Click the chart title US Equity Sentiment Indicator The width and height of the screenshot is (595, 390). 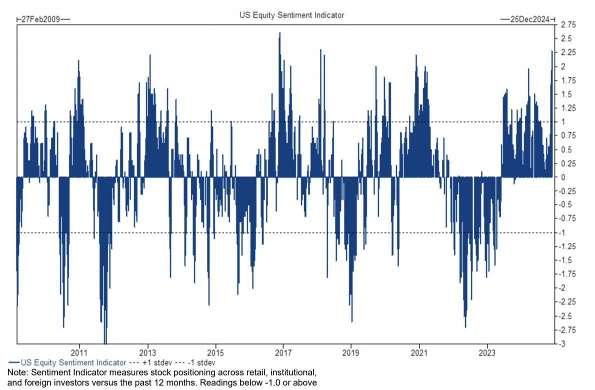pyautogui.click(x=291, y=15)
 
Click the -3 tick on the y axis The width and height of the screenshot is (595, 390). pyautogui.click(x=564, y=343)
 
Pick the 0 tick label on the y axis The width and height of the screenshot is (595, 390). pyautogui.click(x=563, y=177)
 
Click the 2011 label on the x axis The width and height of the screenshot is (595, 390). pyautogui.click(x=79, y=352)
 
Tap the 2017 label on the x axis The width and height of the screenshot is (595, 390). pyautogui.click(x=283, y=352)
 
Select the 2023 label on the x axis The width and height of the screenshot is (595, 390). pyautogui.click(x=487, y=352)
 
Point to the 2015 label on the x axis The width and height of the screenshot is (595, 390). pyautogui.click(x=215, y=352)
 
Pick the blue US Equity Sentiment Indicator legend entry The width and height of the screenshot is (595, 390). pyautogui.click(x=65, y=361)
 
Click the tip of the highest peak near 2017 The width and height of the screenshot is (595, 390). pyautogui.click(x=279, y=33)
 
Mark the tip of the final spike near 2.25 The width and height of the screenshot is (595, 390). pyautogui.click(x=551, y=51)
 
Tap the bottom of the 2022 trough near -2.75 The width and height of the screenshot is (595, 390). pyautogui.click(x=465, y=327)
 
